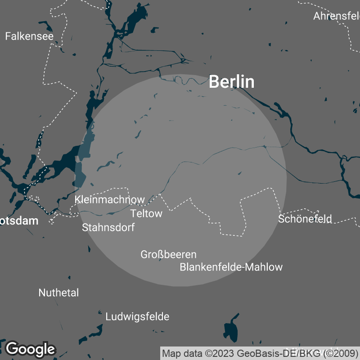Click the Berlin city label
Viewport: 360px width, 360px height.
[x=232, y=82]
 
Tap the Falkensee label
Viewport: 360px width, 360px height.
[x=29, y=36]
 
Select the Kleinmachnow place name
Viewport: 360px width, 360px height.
[x=110, y=199]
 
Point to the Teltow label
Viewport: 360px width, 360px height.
[x=146, y=213]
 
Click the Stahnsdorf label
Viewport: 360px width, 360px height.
[x=108, y=227]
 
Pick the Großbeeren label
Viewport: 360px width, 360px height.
[x=168, y=255]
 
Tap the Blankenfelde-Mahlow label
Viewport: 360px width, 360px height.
[x=231, y=267]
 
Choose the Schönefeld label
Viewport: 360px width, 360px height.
[x=305, y=219]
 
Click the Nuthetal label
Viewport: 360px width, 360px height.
[x=58, y=293]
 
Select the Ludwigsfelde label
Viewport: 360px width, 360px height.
[x=137, y=317]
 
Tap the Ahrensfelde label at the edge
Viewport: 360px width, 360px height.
[x=337, y=16]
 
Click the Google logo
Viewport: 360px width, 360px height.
[x=30, y=349]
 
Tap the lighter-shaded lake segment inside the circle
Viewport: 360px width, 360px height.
[x=85, y=148]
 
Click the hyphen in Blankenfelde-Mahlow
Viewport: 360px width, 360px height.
[x=243, y=267]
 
